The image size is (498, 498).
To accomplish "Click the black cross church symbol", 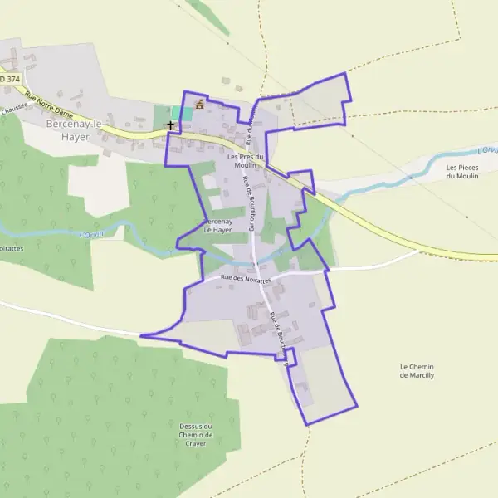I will click(x=171, y=125).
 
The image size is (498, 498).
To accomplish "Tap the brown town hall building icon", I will click(x=199, y=104).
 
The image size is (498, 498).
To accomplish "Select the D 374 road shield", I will click(x=8, y=79).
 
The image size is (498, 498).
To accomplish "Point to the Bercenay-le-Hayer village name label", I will click(x=73, y=129).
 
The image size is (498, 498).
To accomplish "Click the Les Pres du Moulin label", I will click(x=245, y=161).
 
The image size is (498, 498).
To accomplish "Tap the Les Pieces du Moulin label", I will click(x=462, y=172).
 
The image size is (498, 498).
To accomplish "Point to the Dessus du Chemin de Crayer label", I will click(x=197, y=435).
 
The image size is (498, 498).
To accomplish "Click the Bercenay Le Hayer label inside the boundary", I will click(x=217, y=226).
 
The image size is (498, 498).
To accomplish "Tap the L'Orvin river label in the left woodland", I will click(x=93, y=236).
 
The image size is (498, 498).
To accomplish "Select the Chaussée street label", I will click(x=13, y=108).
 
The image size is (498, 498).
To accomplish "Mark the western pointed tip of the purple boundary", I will click(x=142, y=335).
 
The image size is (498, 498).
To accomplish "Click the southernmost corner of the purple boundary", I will click(x=307, y=425).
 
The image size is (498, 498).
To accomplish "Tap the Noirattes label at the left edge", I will click(x=11, y=247).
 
